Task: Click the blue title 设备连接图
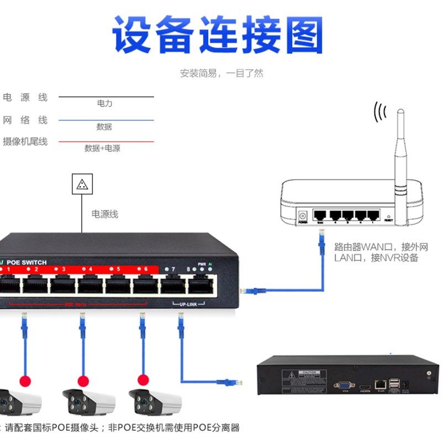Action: (218, 34)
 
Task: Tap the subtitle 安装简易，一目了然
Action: (222, 73)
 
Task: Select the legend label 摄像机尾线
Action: (25, 141)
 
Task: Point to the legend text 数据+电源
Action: (102, 148)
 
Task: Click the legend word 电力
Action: (104, 103)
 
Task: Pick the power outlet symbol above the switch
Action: (82, 184)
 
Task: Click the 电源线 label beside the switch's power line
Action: (105, 214)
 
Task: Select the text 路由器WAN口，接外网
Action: (381, 247)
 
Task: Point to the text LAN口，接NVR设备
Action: (376, 257)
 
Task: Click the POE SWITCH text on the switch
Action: (27, 262)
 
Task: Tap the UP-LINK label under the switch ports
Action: (188, 304)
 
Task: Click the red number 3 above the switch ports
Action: (64, 270)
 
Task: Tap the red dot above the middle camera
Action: (83, 381)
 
